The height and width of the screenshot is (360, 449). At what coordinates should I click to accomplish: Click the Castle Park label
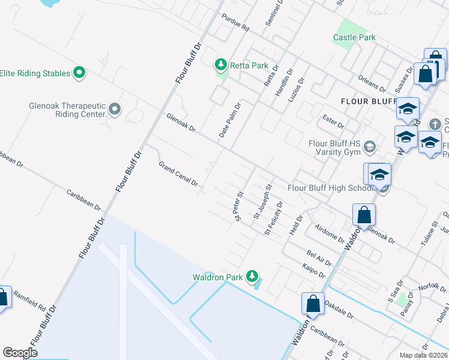click(x=354, y=37)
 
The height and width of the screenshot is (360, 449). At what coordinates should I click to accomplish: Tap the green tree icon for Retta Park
click(x=221, y=64)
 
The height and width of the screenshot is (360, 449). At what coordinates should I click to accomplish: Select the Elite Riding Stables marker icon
click(x=79, y=73)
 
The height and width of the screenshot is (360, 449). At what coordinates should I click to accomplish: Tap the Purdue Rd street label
click(x=235, y=23)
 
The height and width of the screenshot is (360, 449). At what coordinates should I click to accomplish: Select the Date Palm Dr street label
click(x=230, y=120)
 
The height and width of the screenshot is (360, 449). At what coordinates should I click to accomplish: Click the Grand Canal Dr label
click(x=178, y=173)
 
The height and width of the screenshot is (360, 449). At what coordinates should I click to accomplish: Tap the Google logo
click(x=20, y=352)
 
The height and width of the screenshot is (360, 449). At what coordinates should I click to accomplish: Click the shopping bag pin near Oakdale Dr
click(x=313, y=304)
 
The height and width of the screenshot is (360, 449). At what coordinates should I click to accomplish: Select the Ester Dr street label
click(x=333, y=121)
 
